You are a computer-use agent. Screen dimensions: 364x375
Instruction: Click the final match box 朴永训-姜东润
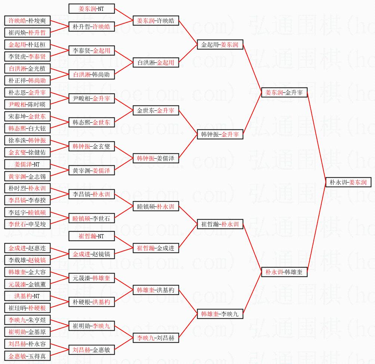click(348, 183)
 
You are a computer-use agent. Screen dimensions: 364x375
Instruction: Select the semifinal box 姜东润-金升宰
click(284, 92)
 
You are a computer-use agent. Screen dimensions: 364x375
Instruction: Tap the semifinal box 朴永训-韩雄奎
click(284, 272)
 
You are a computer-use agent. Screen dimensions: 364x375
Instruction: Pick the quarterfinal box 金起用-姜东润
click(220, 45)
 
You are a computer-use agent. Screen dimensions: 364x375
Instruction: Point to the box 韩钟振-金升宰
click(220, 135)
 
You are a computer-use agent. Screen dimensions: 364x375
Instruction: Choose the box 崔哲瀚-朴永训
click(220, 224)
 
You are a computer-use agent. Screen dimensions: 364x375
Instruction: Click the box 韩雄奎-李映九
click(220, 314)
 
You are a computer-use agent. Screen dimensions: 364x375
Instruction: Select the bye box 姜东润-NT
click(92, 9)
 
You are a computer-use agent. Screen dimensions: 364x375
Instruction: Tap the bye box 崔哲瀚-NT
click(92, 236)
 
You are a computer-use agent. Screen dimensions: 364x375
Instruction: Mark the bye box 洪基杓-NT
click(27, 296)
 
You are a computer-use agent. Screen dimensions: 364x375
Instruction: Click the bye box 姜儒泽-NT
click(27, 164)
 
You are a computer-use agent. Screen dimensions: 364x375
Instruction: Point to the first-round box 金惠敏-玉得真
click(27, 356)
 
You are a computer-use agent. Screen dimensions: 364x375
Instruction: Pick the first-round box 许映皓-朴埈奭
click(27, 21)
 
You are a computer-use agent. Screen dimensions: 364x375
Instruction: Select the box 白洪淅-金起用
click(156, 62)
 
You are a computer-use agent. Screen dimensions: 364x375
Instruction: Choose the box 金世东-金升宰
click(156, 110)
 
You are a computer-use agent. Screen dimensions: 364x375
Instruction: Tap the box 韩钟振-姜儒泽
click(156, 159)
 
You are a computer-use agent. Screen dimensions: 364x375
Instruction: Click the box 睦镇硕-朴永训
click(156, 207)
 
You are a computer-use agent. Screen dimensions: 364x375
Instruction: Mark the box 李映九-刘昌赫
click(156, 338)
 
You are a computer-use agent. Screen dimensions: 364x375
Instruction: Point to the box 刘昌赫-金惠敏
click(92, 350)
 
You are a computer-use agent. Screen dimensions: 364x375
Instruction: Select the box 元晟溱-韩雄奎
click(92, 278)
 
